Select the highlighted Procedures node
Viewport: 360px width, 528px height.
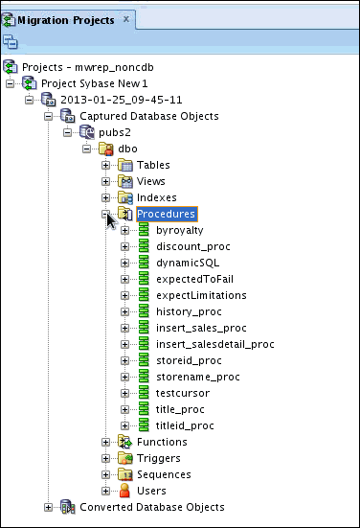coord(167,214)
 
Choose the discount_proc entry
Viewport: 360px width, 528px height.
coord(192,246)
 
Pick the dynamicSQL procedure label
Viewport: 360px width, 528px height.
coord(189,263)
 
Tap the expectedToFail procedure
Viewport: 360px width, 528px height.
coord(193,279)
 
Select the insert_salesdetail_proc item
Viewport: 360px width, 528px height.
coord(214,344)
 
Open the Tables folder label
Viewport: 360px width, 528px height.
coord(153,165)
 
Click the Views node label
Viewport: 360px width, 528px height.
coord(151,181)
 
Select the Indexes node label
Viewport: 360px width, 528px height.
coord(157,197)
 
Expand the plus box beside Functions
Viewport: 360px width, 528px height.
coord(106,442)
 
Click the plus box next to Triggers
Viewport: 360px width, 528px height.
coord(106,458)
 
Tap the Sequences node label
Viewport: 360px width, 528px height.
coord(163,474)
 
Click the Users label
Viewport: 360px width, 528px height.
coord(150,491)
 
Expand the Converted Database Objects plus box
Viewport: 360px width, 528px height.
coord(49,507)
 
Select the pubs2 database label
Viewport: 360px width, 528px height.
coord(115,132)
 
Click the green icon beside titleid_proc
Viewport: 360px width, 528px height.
coord(144,425)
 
